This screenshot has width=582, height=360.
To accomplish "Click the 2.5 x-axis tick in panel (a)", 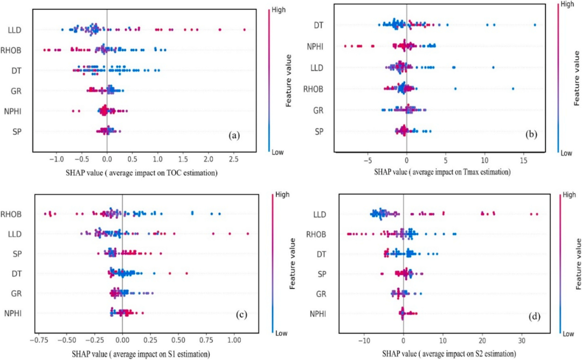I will (232, 160).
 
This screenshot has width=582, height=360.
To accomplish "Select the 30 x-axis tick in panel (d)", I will (522, 341).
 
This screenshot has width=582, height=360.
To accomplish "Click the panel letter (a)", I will (234, 136).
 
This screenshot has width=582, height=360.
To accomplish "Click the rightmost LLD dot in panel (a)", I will (244, 30).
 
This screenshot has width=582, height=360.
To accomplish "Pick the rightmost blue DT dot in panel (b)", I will (535, 25).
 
